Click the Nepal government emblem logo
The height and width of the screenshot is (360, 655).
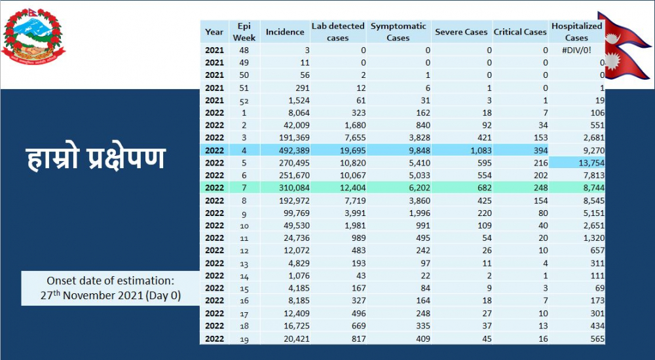(33, 36)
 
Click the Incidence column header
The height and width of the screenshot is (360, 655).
(285, 31)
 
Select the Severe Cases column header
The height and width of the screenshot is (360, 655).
(461, 31)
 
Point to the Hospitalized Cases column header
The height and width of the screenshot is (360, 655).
(576, 31)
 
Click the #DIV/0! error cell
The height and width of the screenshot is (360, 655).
(576, 50)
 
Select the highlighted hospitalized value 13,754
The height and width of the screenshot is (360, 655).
(591, 163)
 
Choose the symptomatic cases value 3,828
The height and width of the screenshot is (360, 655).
(419, 138)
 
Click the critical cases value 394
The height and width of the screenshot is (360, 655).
(540, 151)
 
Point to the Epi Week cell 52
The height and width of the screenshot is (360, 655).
(244, 100)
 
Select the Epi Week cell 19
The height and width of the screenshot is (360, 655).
(244, 338)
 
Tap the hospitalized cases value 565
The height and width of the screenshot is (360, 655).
(597, 338)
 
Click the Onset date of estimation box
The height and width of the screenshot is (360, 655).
(110, 288)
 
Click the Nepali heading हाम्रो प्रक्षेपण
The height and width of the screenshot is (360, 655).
(96, 158)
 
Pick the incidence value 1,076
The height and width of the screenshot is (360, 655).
(299, 276)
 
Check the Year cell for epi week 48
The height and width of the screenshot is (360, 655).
(214, 50)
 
